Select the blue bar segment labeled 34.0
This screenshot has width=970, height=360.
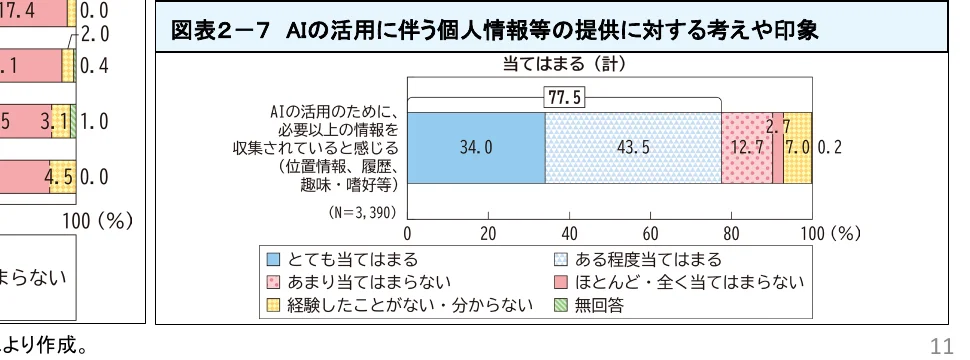[476, 147]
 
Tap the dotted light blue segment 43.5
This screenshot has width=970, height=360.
[633, 147]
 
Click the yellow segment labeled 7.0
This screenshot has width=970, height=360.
[797, 147]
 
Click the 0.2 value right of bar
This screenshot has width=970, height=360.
[830, 147]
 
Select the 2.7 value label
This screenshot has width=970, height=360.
[778, 128]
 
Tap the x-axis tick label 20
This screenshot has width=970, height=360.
[488, 233]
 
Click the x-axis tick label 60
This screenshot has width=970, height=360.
[650, 233]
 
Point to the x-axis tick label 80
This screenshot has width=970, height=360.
[731, 233]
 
